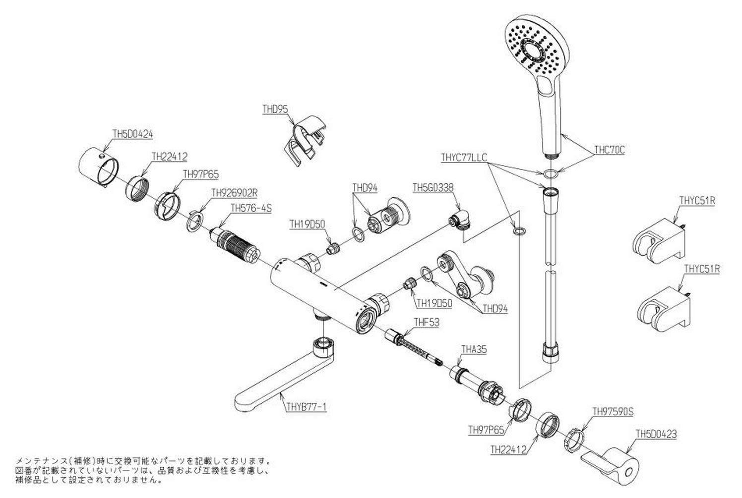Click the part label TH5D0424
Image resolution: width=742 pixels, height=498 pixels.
click(x=132, y=133)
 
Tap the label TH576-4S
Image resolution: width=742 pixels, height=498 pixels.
click(x=252, y=209)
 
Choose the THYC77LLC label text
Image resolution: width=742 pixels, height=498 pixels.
click(x=464, y=157)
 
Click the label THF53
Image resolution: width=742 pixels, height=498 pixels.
click(x=427, y=322)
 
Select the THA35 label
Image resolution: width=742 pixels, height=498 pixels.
click(x=474, y=349)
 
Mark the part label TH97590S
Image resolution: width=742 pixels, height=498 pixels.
click(x=614, y=411)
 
